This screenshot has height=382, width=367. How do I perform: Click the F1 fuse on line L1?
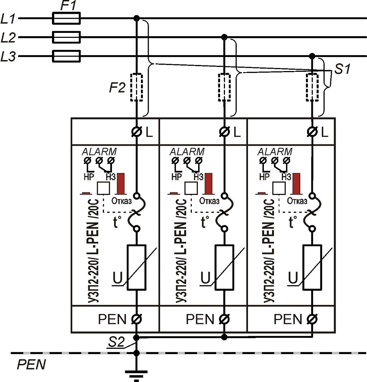coord(66,18)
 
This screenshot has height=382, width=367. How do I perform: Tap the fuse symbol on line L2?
coord(66,37)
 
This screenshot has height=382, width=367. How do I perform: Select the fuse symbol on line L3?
coord(66,56)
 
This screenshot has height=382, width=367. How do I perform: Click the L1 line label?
coord(8,18)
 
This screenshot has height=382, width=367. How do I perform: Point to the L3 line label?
coord(8,57)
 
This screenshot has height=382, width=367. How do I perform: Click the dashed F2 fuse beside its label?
coord(137,87)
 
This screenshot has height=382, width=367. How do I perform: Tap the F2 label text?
coord(117,87)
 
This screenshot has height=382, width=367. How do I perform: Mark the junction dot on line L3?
coord(312,56)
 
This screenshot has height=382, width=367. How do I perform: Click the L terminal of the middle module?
coord(224,132)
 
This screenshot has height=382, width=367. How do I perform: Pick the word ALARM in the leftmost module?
coord(99,152)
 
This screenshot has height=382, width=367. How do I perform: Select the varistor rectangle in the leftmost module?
coord(137,267)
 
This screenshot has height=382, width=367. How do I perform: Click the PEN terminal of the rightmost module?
coord(312,319)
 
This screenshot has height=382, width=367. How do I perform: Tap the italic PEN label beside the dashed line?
coord(31,365)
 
